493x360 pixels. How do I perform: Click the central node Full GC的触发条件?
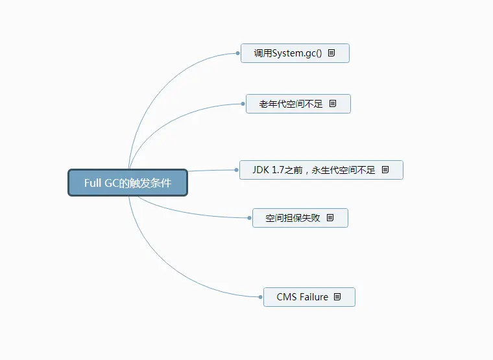coord(128,183)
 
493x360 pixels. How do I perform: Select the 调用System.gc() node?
coord(288,53)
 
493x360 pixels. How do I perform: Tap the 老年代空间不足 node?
coord(291,104)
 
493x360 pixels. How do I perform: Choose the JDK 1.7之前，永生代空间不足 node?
coord(314,170)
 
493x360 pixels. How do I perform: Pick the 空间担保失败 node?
coord(293,218)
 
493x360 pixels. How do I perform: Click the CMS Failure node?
coord(302,297)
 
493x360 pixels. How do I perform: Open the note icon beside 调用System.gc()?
coord(331,53)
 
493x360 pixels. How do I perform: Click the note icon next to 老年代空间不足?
coord(333,104)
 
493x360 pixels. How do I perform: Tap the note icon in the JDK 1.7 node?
coord(385,170)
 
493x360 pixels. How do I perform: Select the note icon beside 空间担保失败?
coord(330,218)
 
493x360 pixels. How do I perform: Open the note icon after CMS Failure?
coord(337,297)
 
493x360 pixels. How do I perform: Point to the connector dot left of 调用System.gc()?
coord(239,53)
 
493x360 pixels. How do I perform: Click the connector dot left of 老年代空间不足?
coord(243,104)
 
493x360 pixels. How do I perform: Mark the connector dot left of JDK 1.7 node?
coord(237,170)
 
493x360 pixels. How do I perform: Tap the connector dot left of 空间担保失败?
coord(250,218)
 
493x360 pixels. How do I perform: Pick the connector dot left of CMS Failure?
coord(261,297)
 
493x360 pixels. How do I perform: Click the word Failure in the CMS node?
coord(313,297)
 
